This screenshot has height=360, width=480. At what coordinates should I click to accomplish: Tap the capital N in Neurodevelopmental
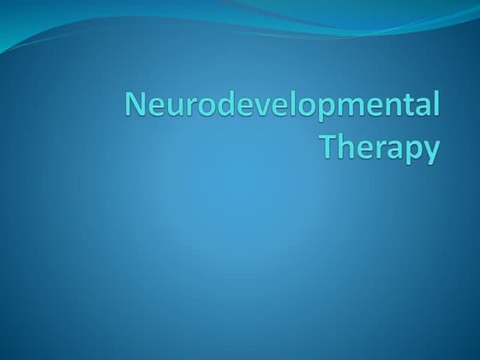click(x=135, y=107)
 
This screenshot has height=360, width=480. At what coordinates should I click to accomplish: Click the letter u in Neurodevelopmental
click(x=171, y=110)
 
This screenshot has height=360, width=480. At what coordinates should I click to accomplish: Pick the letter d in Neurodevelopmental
click(x=219, y=107)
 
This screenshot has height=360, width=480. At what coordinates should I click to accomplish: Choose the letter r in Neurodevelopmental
click(x=184, y=110)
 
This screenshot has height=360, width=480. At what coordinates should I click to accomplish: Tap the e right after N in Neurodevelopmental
click(x=153, y=110)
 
